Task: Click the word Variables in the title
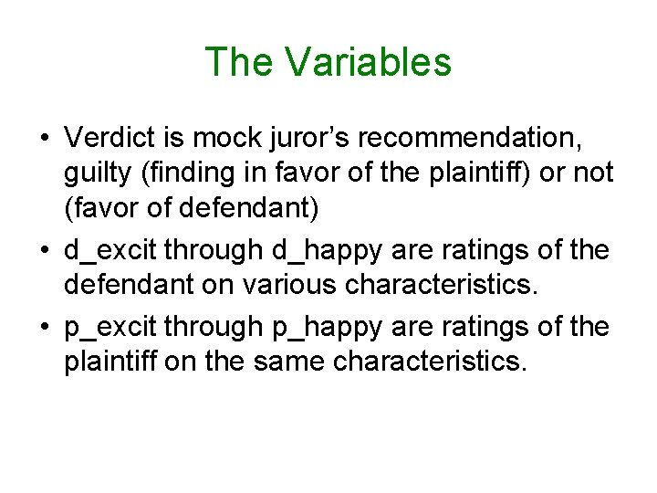pyautogui.click(x=368, y=62)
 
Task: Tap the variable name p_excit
pyautogui.click(x=113, y=326)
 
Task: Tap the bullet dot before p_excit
pyautogui.click(x=44, y=326)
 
